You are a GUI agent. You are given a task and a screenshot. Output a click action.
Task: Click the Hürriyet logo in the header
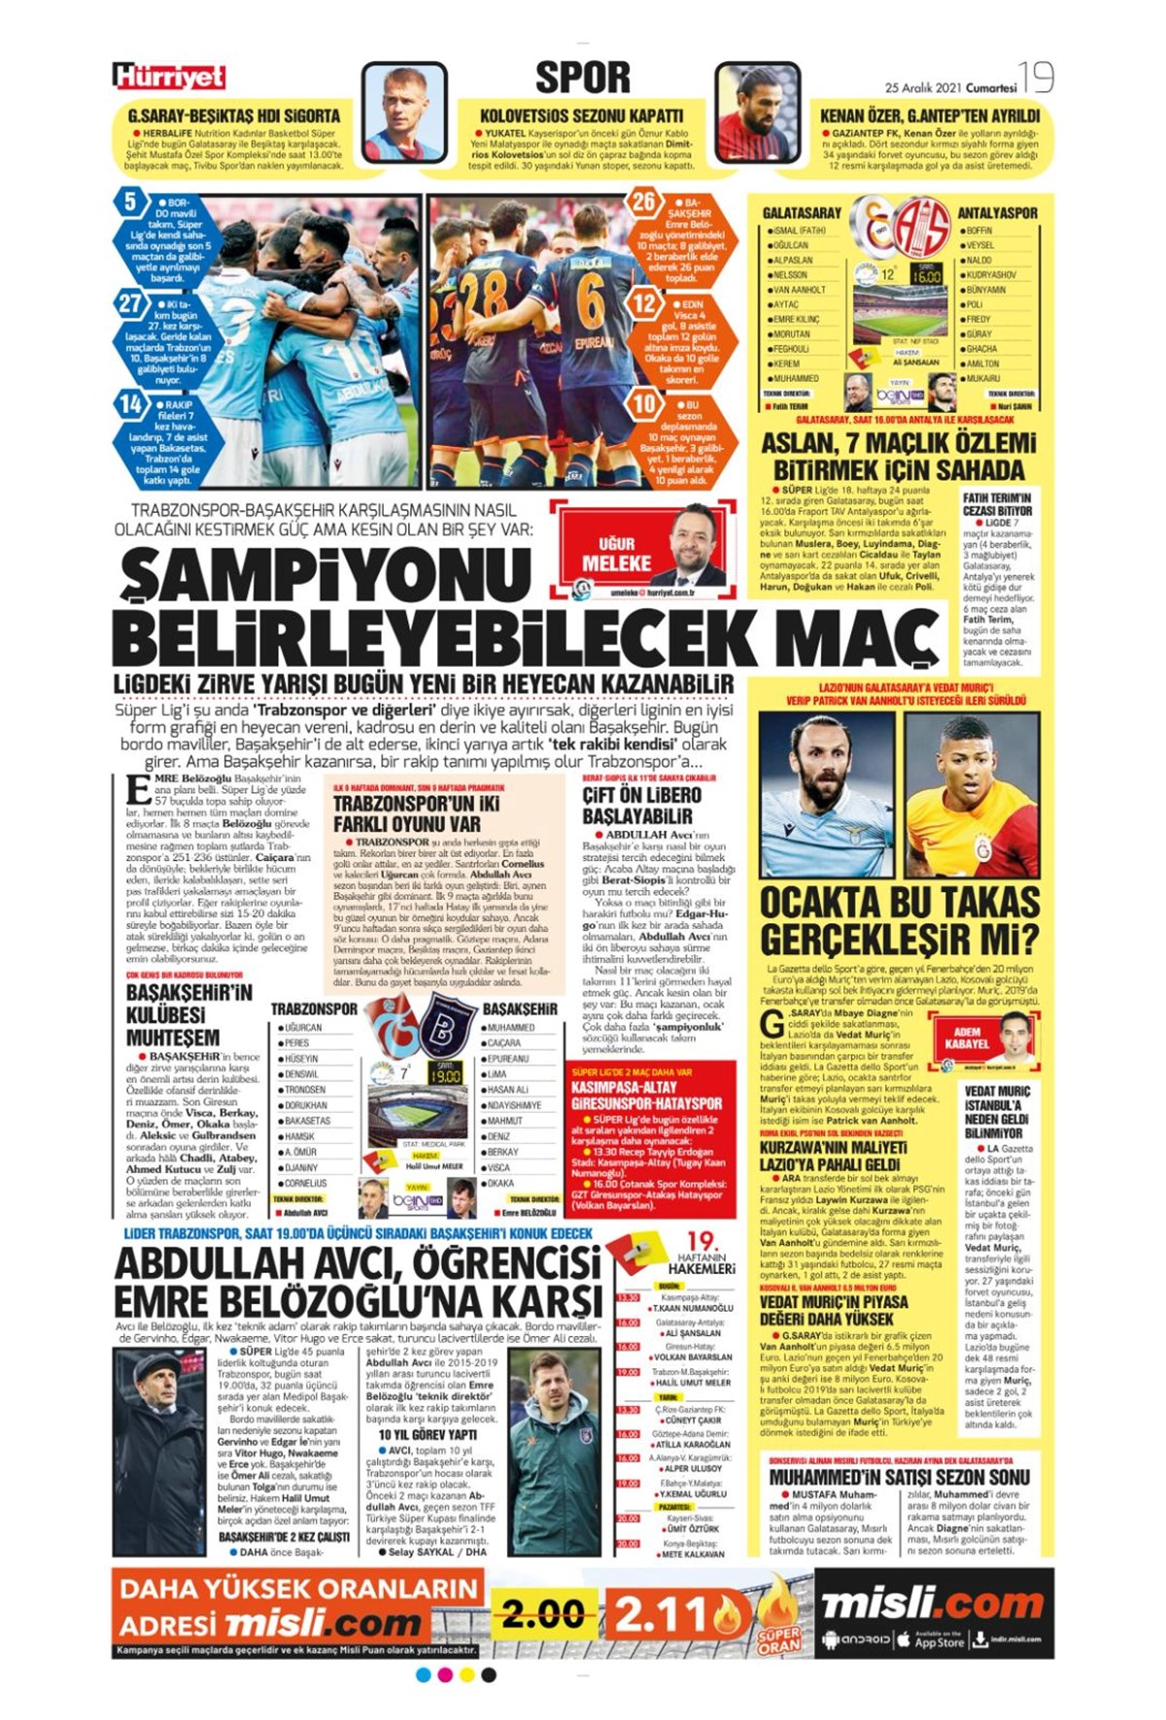point(169,77)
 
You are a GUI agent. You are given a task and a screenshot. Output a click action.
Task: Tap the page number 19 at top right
point(1037,77)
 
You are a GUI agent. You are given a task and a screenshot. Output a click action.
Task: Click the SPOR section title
point(582,78)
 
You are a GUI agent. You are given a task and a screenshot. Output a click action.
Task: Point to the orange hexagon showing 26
point(644,202)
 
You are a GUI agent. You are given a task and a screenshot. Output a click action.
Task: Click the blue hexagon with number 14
point(131,403)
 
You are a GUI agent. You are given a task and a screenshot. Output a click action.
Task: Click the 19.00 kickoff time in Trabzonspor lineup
point(445,1076)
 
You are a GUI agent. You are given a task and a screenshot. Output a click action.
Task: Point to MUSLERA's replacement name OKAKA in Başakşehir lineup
point(501,1184)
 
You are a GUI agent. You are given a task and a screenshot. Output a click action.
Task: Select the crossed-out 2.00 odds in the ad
point(542,1616)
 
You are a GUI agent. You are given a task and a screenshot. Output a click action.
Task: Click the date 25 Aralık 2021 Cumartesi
point(950,87)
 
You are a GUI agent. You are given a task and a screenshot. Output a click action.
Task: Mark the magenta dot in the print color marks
point(445,1675)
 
